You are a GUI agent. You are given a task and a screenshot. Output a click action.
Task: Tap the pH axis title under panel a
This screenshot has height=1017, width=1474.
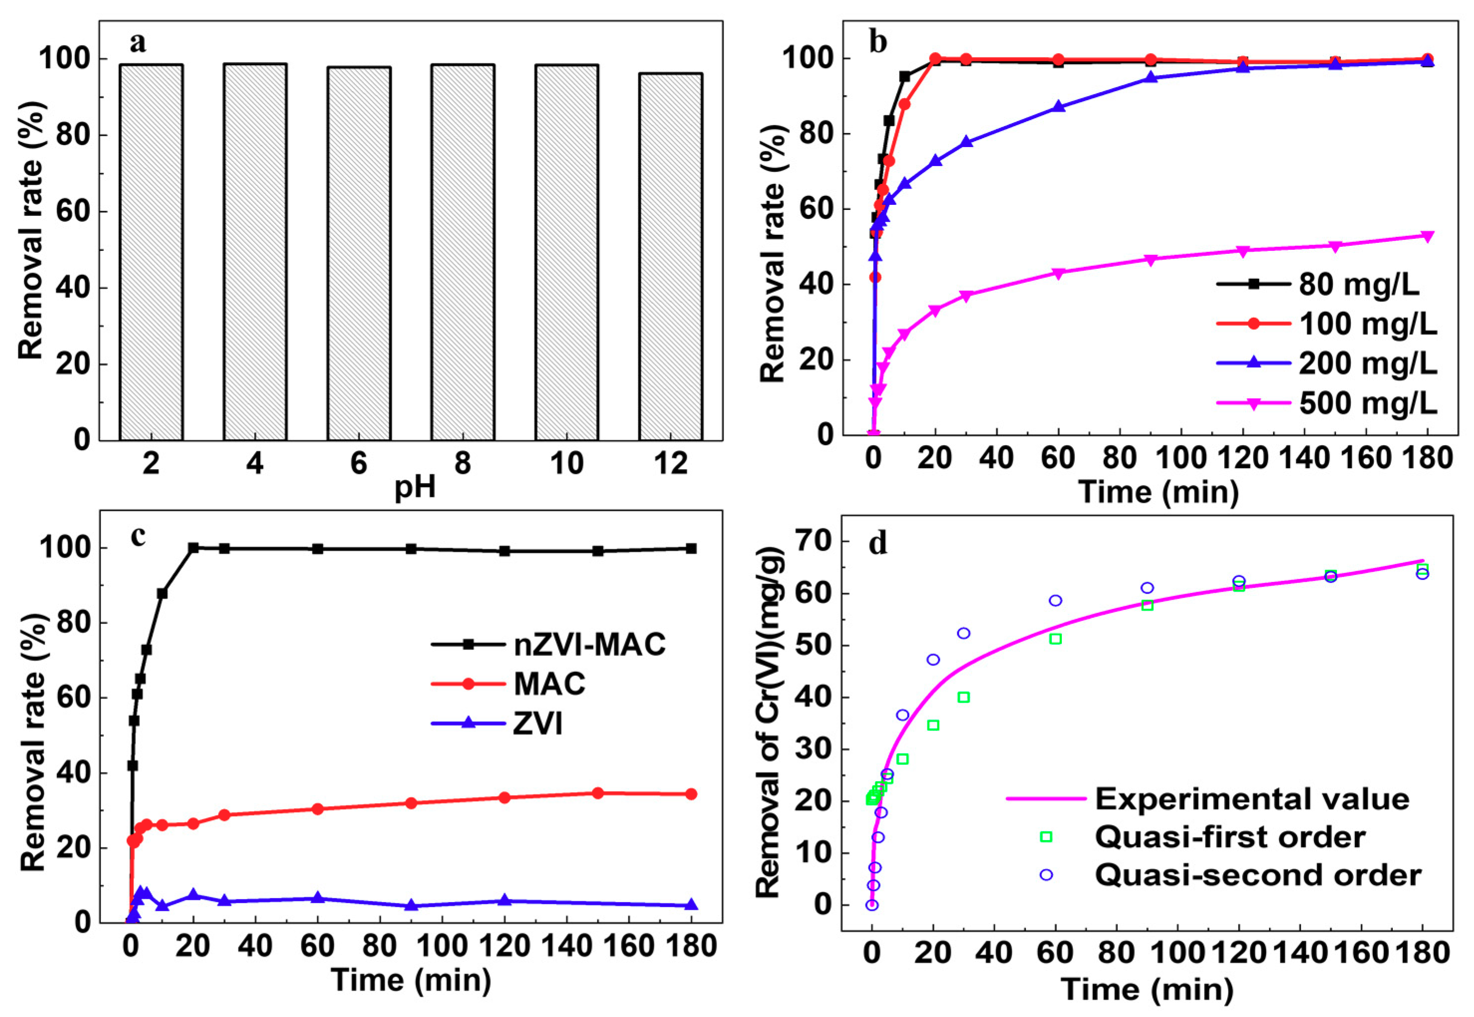coord(415,488)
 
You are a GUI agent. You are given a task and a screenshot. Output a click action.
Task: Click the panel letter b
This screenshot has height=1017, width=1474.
coord(878,43)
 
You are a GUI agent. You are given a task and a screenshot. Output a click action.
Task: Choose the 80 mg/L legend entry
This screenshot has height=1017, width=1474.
coord(1331,284)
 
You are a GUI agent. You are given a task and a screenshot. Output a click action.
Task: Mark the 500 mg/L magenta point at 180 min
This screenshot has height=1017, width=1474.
coord(1427,236)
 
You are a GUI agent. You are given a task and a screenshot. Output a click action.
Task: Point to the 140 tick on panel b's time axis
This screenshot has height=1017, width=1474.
coord(1304,458)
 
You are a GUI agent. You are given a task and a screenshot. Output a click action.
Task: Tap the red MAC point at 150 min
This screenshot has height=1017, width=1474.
coord(597,793)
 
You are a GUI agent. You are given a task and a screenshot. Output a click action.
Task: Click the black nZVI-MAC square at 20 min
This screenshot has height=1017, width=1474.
coord(193,547)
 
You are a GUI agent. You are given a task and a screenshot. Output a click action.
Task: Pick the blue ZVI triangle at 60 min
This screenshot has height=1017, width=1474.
coord(318,898)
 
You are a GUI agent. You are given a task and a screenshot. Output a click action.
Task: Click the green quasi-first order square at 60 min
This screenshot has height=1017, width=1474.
coord(1055,639)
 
